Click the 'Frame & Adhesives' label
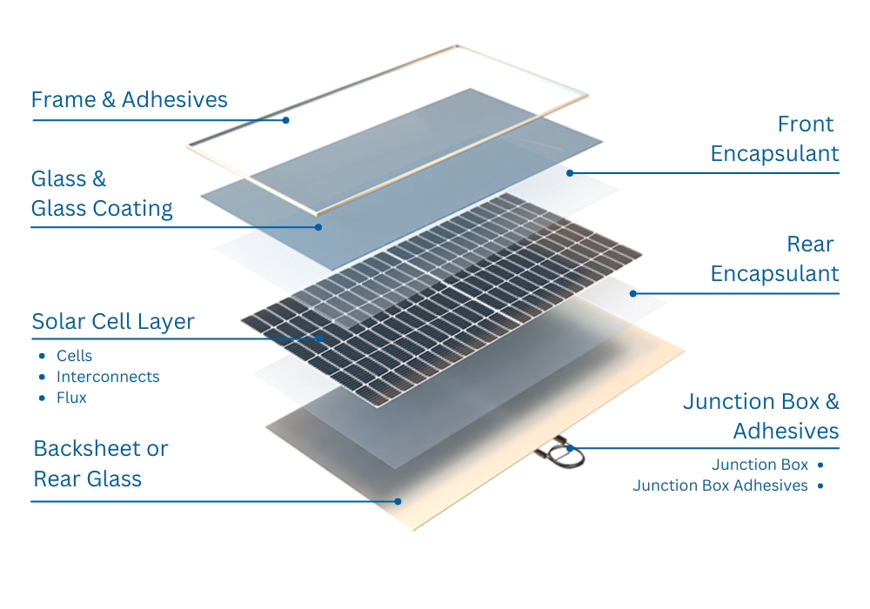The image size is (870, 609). pos(129,100)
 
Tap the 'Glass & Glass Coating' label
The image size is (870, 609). pos(101,194)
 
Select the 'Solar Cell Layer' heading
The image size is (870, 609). pos(113,322)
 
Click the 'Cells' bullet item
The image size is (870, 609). pos(74,356)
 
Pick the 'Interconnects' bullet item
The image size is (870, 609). pos(108,377)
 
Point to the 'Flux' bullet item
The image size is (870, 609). pos(71,398)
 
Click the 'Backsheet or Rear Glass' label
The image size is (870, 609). pos(100,464)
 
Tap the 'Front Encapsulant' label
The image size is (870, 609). pos(774,139)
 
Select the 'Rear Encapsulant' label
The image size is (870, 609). pos(774,259)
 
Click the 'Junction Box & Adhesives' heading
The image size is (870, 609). pos(761,416)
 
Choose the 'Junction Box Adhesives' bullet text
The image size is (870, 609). pos(720,485)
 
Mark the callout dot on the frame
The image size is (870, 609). pos(285,120)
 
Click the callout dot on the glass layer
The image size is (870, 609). pos(318,227)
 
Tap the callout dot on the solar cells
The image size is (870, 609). pos(322,338)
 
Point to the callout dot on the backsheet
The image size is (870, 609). pos(398,501)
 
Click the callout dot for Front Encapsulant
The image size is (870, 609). pos(570,173)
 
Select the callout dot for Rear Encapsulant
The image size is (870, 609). pos(633,293)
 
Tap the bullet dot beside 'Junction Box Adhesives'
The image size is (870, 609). pos(820,485)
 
